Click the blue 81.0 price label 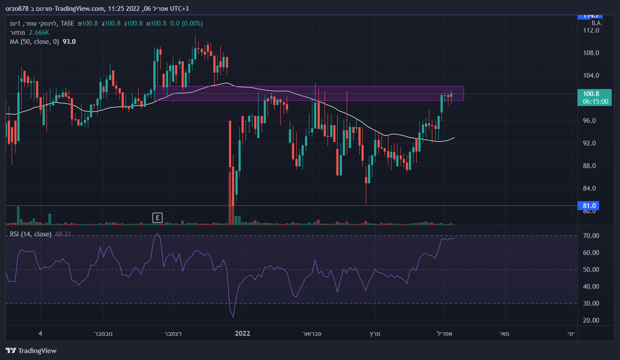(590, 206)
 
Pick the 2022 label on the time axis (242, 334)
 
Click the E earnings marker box (157, 218)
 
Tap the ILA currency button (596, 23)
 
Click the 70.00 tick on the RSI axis (592, 236)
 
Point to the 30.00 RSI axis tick (592, 304)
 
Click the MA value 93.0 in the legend (69, 42)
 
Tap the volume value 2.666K (40, 33)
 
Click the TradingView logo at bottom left (31, 351)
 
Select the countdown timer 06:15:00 (595, 102)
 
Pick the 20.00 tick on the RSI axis (592, 320)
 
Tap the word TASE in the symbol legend (68, 23)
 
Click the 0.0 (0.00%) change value (186, 23)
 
